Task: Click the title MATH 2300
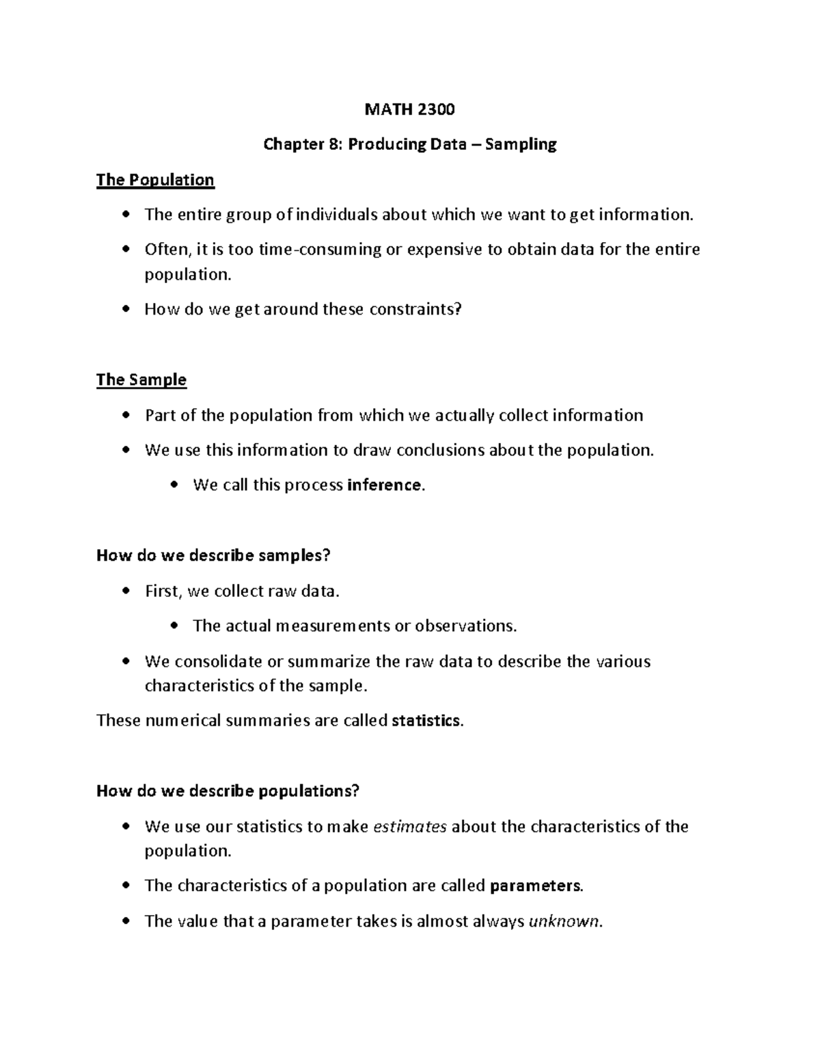(410, 109)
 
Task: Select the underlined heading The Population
(155, 180)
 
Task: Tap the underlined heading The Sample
(141, 380)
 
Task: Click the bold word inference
(385, 485)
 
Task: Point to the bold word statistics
(426, 720)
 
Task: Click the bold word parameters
(536, 886)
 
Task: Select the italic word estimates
(410, 826)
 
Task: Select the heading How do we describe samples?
(213, 555)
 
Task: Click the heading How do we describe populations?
(228, 791)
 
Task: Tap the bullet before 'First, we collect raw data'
(125, 591)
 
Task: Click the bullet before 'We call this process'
(174, 485)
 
